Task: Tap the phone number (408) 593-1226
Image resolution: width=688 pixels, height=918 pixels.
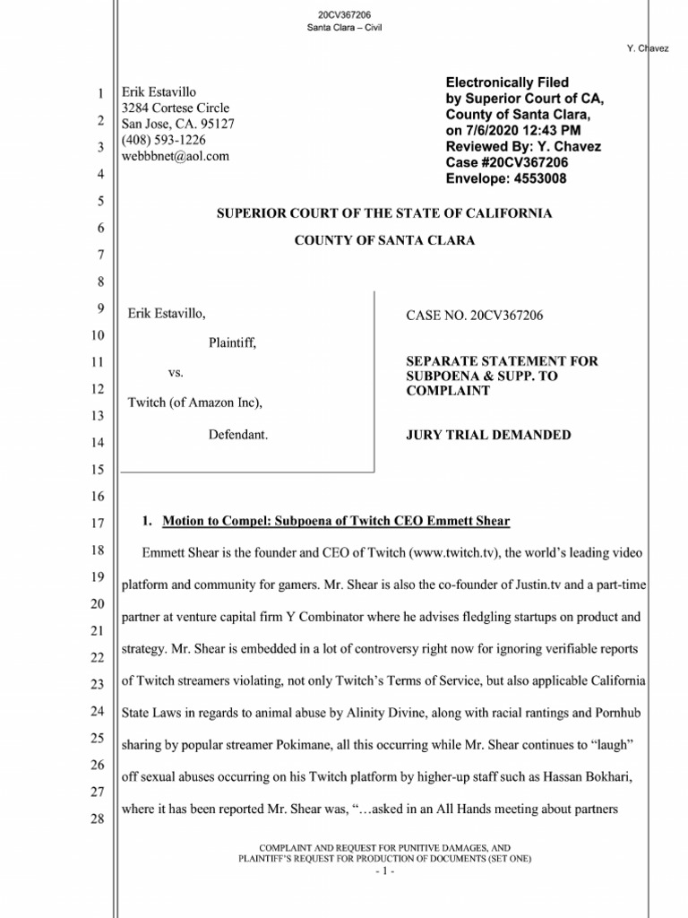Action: click(169, 140)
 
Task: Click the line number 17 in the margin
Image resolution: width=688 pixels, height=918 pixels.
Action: click(99, 524)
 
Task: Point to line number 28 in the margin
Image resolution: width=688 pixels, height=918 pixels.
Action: click(99, 819)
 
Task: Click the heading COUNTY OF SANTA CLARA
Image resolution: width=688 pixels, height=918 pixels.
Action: click(385, 240)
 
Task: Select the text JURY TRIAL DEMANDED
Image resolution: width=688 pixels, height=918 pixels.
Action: click(488, 435)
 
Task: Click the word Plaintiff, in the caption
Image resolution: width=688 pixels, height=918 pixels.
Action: click(232, 342)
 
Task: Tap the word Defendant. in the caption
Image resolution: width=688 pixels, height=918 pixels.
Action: click(238, 434)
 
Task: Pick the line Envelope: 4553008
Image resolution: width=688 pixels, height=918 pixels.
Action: click(506, 178)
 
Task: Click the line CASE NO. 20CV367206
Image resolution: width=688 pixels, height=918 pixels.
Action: click(475, 316)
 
